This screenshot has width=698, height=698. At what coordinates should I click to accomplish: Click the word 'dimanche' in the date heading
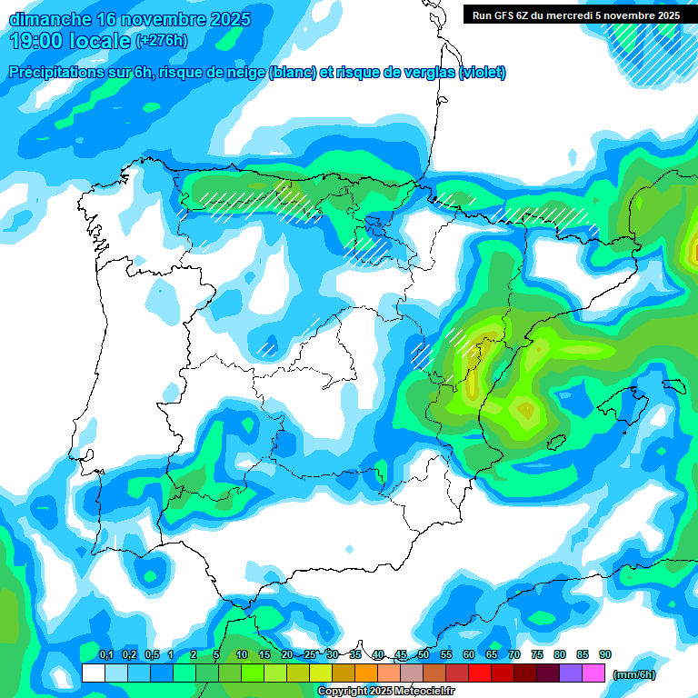[49, 19]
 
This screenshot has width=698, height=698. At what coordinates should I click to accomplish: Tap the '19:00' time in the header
[37, 41]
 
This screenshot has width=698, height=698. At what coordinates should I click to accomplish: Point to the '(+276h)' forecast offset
[161, 41]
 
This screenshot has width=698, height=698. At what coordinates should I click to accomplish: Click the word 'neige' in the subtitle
[244, 73]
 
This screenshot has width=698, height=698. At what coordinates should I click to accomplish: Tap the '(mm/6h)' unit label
[633, 674]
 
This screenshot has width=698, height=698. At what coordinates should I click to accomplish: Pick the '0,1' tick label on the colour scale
[106, 655]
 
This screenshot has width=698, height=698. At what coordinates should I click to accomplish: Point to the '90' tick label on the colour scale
[605, 655]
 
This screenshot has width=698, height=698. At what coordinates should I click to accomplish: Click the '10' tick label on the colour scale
[242, 655]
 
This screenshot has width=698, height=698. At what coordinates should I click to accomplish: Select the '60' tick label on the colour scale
[469, 655]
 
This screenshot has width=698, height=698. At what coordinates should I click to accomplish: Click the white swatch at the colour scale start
[93, 673]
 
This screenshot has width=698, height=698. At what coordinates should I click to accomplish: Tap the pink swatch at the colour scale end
[593, 673]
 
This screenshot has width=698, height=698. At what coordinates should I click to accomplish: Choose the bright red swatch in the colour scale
[480, 673]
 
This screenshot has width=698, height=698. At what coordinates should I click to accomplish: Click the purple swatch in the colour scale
[571, 673]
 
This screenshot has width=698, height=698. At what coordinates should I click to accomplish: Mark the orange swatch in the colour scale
[365, 673]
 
